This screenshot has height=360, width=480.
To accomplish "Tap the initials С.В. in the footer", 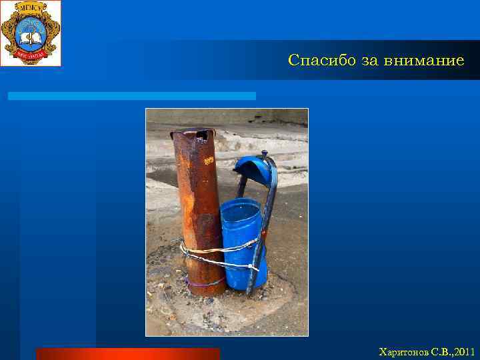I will (440, 351).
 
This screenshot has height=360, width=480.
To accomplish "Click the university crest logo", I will (31, 33).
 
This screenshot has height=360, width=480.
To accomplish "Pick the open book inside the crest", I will (30, 29).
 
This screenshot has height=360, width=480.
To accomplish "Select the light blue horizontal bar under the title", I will (131, 96).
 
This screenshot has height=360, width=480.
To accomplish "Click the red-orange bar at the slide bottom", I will (127, 353).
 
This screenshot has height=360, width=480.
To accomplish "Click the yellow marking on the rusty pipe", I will (209, 161).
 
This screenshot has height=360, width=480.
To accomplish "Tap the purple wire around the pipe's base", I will (203, 284).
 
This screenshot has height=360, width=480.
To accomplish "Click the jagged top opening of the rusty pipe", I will (193, 133).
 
